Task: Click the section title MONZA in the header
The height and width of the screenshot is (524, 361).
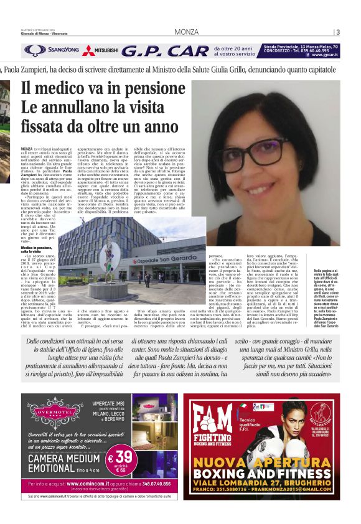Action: (x=186, y=32)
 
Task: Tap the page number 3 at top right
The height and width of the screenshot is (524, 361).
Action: (x=337, y=32)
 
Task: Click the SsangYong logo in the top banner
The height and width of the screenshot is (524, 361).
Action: (x=52, y=50)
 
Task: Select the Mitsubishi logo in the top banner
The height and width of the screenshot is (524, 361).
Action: (x=98, y=50)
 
